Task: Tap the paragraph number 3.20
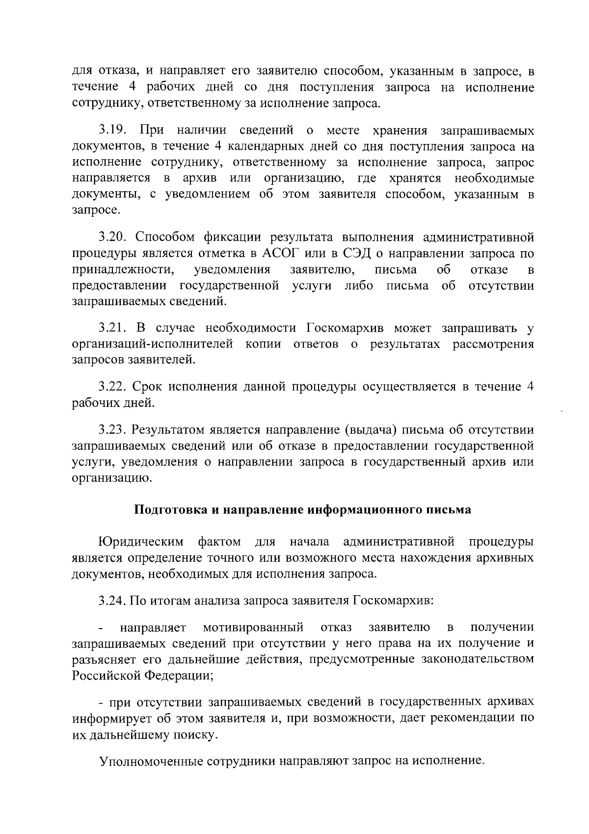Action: click(x=113, y=237)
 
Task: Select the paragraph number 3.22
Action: click(x=113, y=387)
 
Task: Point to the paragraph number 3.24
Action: click(x=113, y=600)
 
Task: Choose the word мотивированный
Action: click(x=253, y=628)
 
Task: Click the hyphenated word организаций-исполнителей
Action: click(x=153, y=344)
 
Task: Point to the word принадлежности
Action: click(x=124, y=270)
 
